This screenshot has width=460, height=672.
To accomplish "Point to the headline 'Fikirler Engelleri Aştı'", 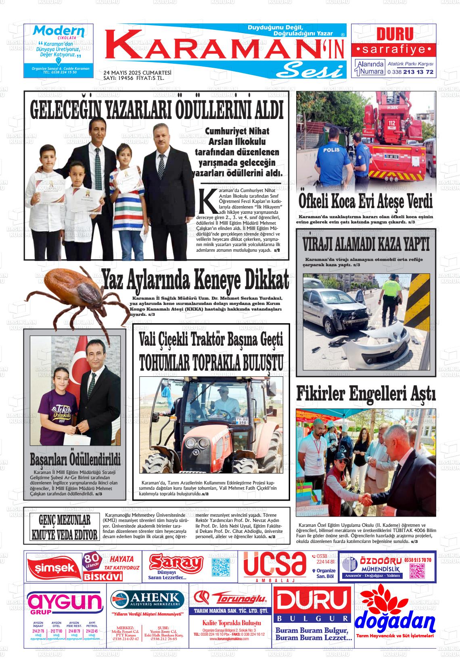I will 366,394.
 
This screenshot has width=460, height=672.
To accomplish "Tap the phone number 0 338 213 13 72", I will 410,72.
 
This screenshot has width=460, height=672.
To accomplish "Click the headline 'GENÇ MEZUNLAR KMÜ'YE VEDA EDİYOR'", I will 65,527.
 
